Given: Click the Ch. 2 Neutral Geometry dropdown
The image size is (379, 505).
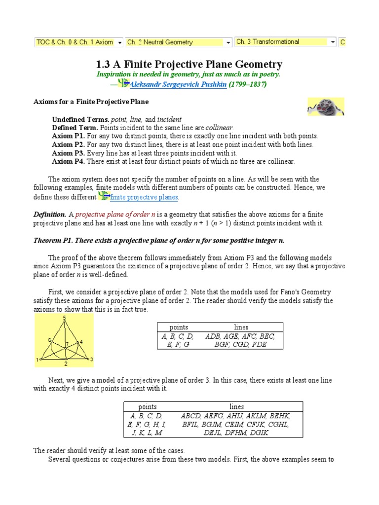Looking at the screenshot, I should tap(179, 42).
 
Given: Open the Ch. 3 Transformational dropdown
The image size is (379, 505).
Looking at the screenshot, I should tap(285, 42).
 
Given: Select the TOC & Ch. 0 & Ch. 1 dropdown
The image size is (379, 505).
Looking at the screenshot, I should tap(78, 42).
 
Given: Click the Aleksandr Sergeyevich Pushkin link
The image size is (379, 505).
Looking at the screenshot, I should tap(178, 85).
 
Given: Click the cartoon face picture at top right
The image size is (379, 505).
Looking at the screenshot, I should tap(325, 107).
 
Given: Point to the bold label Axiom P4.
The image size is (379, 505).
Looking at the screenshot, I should tap(69, 161).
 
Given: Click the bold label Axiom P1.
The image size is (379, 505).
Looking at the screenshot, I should tap(69, 136).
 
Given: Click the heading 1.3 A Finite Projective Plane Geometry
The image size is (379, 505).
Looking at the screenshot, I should tap(189, 64).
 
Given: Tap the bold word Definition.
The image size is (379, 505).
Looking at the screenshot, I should tap(49, 215).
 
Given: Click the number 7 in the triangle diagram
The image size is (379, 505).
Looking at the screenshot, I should tap(67, 344).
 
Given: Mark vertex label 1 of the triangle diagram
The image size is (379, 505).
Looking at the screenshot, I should tap(37, 361).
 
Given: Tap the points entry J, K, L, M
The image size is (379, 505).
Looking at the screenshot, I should tap(147, 433).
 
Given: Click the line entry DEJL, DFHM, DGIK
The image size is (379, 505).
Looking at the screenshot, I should tap(236, 433).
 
